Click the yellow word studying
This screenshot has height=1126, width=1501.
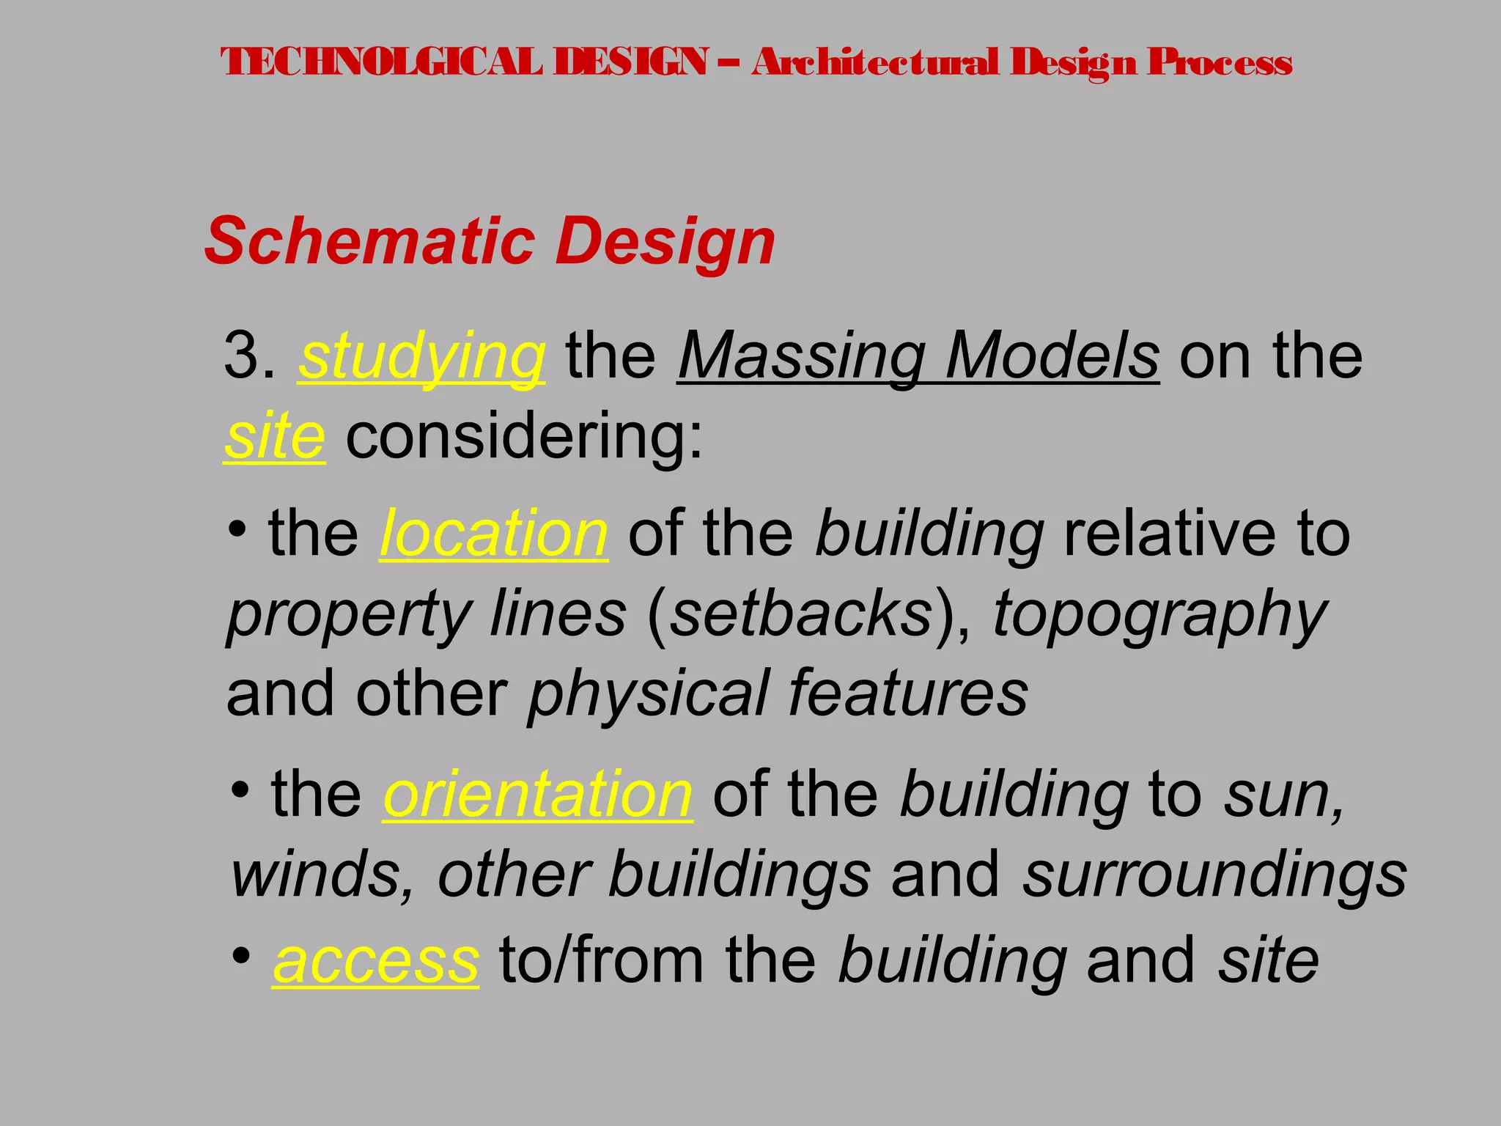[x=421, y=358]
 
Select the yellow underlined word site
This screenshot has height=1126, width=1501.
[x=274, y=437]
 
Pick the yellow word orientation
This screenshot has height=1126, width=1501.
[x=538, y=795]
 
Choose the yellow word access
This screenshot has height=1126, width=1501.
[x=376, y=961]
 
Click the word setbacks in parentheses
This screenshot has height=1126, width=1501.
[x=801, y=614]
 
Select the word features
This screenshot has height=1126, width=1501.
[x=908, y=693]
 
